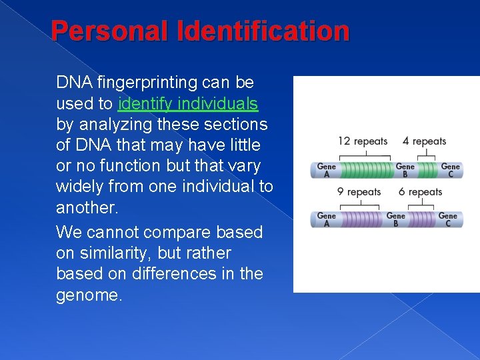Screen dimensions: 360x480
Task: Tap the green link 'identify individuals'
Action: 187,104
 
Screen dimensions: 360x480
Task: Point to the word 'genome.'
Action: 89,295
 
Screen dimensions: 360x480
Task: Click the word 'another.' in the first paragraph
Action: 87,207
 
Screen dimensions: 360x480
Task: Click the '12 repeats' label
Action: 363,141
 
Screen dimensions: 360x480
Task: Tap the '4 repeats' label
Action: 424,141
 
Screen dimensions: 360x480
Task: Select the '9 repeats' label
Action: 359,192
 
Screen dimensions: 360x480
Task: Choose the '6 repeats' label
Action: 420,192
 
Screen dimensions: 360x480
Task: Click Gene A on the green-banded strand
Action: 326,170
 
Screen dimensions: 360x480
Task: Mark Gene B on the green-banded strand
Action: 405,170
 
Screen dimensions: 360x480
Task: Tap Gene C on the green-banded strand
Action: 450,170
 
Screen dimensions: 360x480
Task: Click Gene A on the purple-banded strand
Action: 326,219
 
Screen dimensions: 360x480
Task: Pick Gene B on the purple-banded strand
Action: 395,219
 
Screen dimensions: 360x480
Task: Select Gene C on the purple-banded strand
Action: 447,219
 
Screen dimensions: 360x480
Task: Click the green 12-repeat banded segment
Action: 365,170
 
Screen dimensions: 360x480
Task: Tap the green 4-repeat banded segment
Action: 427,170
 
